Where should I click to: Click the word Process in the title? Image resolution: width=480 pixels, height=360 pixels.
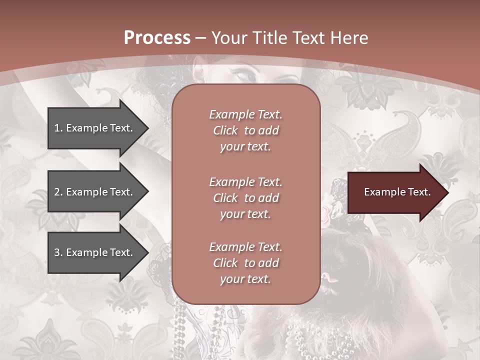point(157,38)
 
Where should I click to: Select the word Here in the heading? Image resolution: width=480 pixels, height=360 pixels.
point(348,38)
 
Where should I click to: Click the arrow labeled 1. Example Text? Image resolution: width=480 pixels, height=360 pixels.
point(95,128)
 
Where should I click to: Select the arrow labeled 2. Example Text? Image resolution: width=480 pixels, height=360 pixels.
point(95,192)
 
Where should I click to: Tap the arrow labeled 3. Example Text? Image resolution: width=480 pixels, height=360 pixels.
point(95,252)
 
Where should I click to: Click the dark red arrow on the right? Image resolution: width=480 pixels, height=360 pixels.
point(395,192)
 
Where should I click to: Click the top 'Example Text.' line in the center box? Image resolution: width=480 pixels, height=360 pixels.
point(245,114)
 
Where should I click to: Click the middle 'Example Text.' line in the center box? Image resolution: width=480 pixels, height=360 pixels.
point(245,182)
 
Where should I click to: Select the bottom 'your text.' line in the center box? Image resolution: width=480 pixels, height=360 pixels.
point(245,279)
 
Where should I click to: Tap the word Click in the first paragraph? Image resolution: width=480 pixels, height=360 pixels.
point(225,131)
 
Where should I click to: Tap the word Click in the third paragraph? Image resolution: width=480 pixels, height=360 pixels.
point(225,263)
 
